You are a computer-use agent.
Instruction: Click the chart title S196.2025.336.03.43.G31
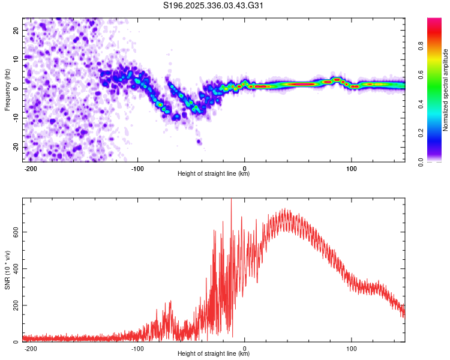click(214, 6)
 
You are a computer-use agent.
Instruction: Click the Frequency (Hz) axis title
click(7, 89)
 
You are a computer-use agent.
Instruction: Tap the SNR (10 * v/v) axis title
click(7, 270)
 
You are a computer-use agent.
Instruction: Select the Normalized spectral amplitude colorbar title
click(446, 90)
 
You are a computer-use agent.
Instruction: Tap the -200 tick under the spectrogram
click(31, 167)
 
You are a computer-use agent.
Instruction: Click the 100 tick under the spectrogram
click(351, 167)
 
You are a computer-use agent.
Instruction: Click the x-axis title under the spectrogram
click(214, 174)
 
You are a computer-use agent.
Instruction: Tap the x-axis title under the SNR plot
click(214, 354)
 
